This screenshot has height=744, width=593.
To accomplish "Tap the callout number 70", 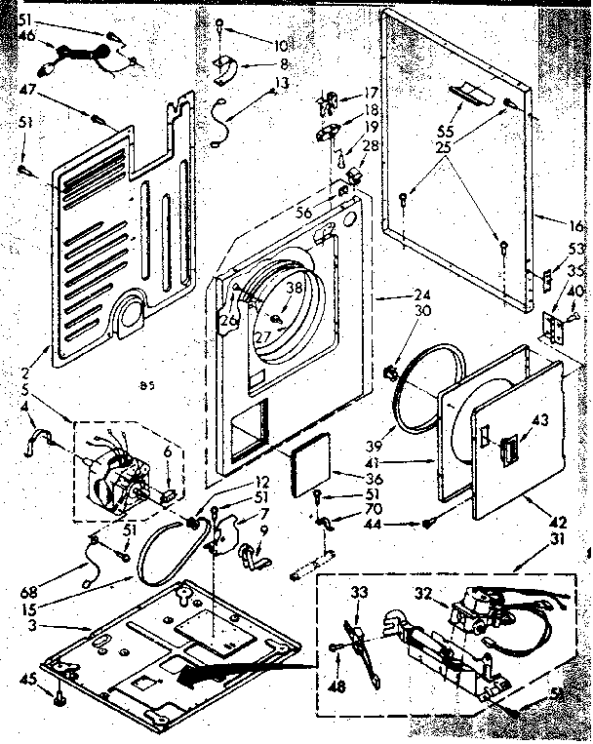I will pyautogui.click(x=347, y=507).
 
